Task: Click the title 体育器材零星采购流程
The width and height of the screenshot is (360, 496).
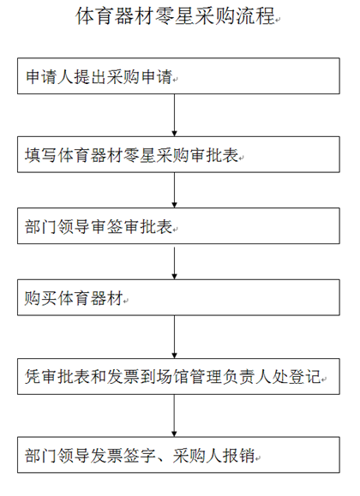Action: [x=175, y=15]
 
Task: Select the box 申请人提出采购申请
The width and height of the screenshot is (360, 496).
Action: [x=178, y=76]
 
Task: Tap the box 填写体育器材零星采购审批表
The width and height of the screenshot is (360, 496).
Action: [x=178, y=155]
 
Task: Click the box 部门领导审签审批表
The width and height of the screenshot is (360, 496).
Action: [x=178, y=226]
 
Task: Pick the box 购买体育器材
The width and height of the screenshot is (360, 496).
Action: [x=178, y=297]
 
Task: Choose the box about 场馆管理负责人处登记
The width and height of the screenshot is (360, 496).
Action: [x=178, y=376]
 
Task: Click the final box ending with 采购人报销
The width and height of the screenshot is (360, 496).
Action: [x=178, y=455]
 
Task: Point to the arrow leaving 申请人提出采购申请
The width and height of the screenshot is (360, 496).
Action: [x=174, y=115]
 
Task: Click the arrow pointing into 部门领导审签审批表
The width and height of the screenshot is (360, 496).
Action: [x=174, y=190]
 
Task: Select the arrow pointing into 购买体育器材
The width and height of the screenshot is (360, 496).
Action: [x=174, y=261]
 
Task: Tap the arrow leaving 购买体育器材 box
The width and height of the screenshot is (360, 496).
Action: [x=174, y=337]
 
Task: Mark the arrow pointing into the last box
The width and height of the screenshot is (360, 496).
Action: [x=174, y=415]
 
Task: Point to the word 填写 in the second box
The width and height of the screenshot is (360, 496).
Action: [x=41, y=155]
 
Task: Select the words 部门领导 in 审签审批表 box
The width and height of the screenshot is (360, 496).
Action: [x=57, y=226]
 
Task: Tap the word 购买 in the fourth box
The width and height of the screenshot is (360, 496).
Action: [x=41, y=298]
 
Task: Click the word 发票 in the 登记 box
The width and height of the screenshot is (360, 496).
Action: [x=123, y=377]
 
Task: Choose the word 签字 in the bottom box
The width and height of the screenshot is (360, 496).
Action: [x=140, y=456]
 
